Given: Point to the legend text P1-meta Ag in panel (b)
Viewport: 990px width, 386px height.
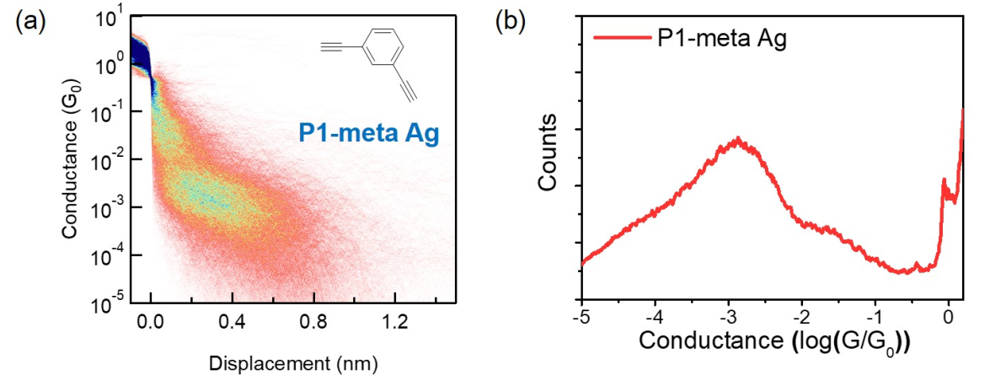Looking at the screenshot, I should [x=720, y=38].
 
